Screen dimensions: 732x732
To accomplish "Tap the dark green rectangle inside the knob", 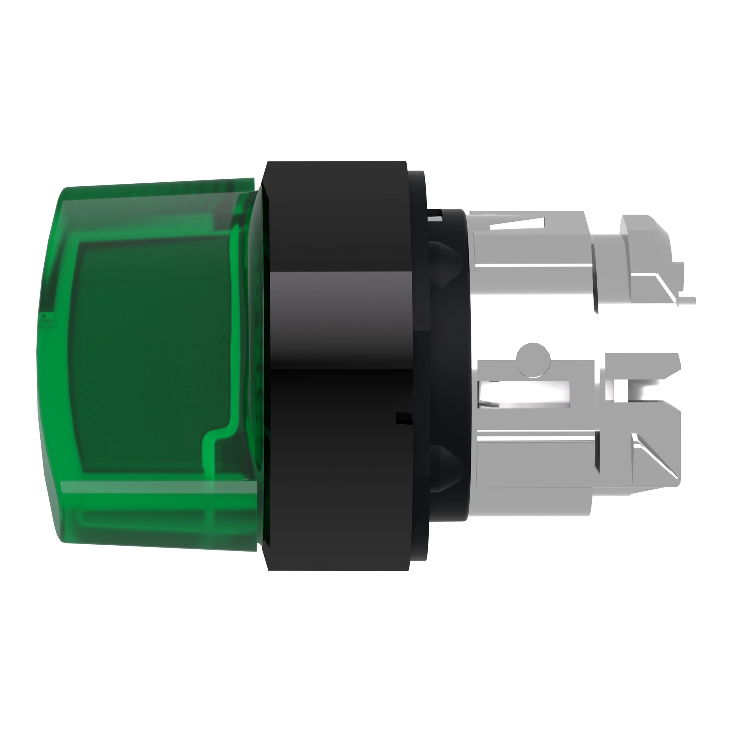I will (x=152, y=356).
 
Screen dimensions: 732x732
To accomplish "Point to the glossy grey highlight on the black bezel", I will (x=337, y=303).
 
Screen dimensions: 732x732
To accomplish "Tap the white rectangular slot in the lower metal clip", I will (x=527, y=394).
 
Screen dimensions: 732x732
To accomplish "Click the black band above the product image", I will (x=366, y=68).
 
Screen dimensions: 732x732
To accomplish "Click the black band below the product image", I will (x=366, y=663).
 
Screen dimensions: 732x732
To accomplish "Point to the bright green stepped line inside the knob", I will (x=216, y=440).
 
